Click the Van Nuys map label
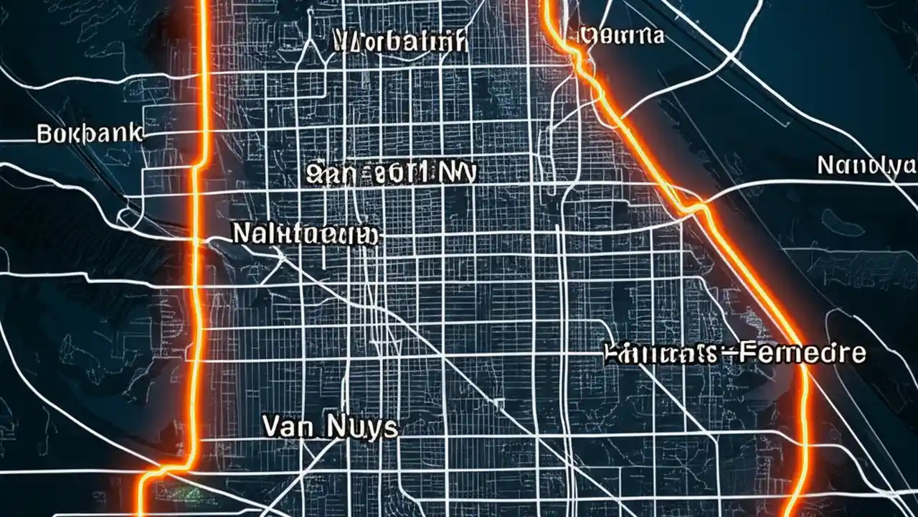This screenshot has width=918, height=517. [x=329, y=427]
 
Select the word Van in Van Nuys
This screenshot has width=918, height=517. [x=286, y=427]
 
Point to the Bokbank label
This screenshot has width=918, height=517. [x=90, y=134]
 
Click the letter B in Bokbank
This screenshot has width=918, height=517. [x=43, y=134]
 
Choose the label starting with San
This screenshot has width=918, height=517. [x=391, y=173]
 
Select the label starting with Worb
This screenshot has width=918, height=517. [x=401, y=41]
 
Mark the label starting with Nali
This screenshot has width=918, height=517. [x=306, y=233]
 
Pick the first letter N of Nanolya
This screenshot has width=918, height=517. [x=825, y=166]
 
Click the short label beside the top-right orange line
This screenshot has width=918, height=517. [x=621, y=34]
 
